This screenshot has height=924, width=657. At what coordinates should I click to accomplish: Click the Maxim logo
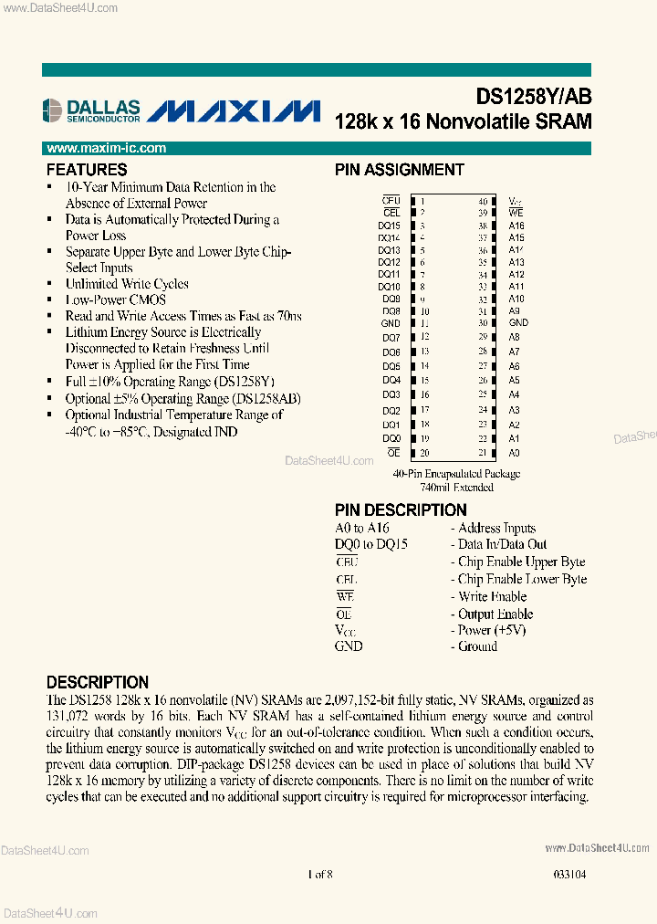(234, 110)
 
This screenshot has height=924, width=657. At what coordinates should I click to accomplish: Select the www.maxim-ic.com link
(106, 148)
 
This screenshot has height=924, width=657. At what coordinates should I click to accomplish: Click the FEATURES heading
(87, 170)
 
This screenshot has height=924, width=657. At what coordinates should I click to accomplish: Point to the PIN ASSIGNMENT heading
(399, 170)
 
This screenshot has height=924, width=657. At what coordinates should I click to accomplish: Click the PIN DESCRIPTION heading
(401, 510)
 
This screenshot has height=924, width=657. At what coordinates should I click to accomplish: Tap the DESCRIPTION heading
(98, 682)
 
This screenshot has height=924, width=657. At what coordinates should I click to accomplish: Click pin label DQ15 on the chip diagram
(390, 226)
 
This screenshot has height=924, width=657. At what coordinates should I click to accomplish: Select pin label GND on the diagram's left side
(391, 323)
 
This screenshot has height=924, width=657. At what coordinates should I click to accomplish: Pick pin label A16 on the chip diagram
(516, 226)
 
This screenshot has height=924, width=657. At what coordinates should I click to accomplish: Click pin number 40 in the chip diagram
(483, 201)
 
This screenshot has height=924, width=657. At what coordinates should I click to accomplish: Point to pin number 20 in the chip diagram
(424, 453)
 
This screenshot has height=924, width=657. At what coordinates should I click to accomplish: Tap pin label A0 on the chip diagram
(515, 453)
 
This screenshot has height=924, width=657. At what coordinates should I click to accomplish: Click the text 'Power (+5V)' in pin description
(492, 630)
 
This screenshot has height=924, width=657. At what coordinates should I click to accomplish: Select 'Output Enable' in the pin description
(495, 614)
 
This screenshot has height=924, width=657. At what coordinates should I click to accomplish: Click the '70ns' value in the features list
(287, 316)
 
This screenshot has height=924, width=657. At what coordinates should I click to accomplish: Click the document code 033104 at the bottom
(568, 875)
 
